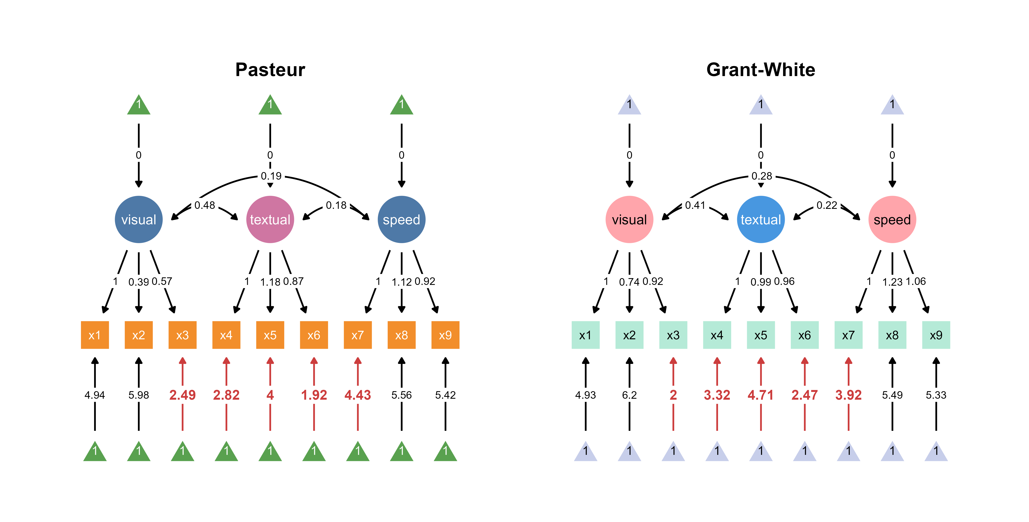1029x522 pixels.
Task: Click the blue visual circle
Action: coord(139,219)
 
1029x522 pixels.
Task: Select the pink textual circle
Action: coord(270,219)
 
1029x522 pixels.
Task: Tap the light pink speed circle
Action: coord(892,219)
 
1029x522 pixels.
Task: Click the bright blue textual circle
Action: coord(761,219)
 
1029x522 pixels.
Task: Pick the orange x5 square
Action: coord(270,335)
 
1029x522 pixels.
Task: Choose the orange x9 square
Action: coord(445,335)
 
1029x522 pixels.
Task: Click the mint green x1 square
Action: coord(585,335)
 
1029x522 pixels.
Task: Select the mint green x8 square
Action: coord(892,335)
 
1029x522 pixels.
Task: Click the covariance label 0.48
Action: coord(204,205)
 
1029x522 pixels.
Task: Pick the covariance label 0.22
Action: coord(826,205)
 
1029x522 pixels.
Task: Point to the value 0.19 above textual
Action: coord(271,176)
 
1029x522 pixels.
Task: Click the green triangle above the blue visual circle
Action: coord(139,105)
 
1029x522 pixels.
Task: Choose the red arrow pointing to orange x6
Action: coord(314,371)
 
